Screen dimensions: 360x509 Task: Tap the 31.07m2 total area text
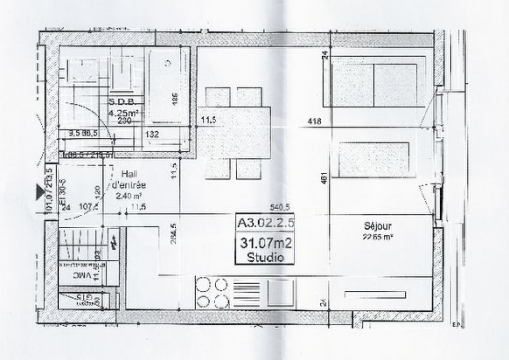pyautogui.click(x=262, y=244)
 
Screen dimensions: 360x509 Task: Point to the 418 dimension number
pyautogui.click(x=315, y=122)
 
